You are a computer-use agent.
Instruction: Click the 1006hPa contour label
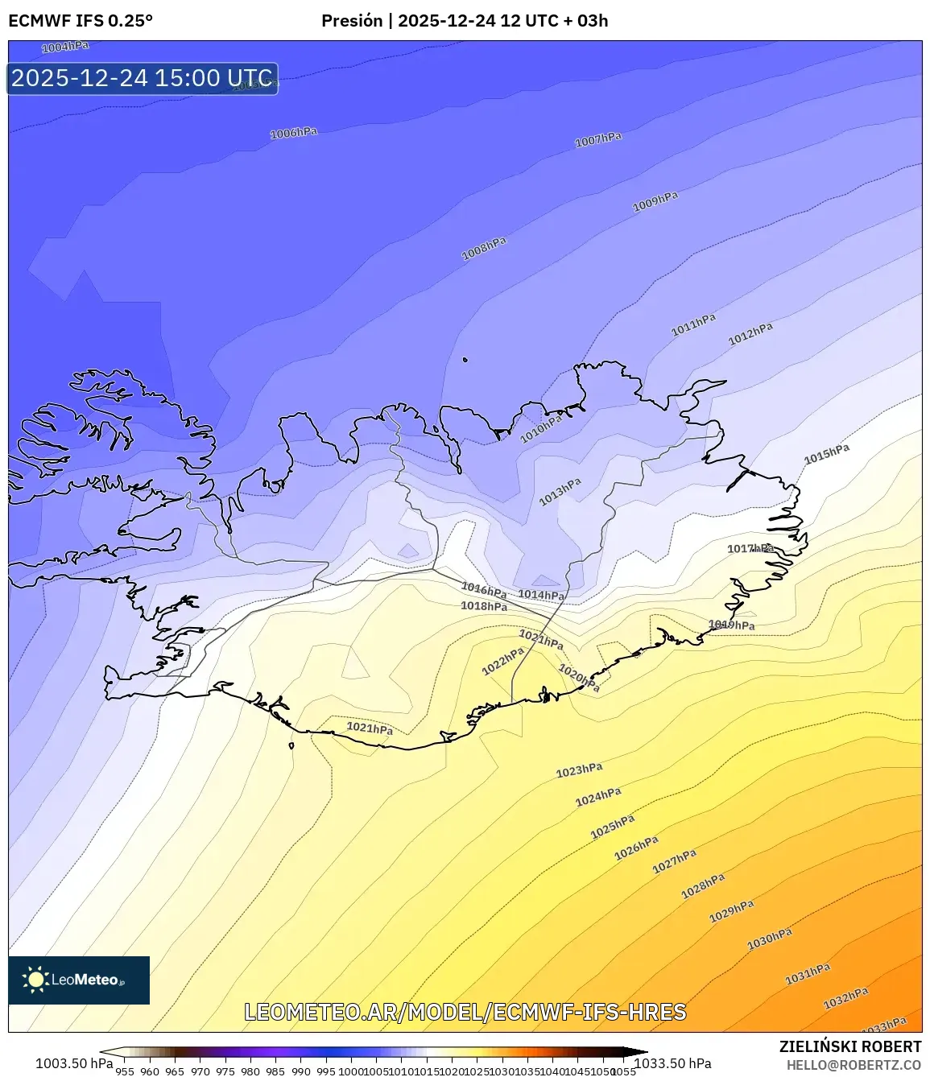pos(293,133)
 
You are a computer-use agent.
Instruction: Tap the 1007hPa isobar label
pos(598,140)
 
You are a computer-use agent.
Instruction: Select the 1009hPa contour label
pos(655,201)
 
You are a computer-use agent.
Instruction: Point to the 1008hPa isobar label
pos(484,249)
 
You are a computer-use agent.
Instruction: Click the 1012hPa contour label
pos(750,333)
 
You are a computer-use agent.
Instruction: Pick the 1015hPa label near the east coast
pos(827,454)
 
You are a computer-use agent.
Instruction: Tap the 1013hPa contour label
pos(560,492)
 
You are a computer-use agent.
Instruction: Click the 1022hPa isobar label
pos(503,662)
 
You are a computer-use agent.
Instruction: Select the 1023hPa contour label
pos(579,770)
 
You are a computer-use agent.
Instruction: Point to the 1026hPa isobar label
pos(636,848)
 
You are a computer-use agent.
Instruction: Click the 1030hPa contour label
pos(769,939)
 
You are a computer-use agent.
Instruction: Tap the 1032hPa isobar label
pos(845,999)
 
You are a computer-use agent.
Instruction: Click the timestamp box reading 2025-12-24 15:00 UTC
pos(143,78)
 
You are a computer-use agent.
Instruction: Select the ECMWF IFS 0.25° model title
pos(81,21)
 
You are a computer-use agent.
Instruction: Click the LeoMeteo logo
pos(79,980)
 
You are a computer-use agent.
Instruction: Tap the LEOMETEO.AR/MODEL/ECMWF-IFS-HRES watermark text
pos(465,1012)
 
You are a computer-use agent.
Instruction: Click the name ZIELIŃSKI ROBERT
pos(849,1046)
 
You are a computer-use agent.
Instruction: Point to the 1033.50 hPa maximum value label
pos(672,1063)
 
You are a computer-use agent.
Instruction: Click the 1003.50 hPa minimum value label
pos(74,1063)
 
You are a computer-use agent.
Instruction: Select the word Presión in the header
pos(352,21)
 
